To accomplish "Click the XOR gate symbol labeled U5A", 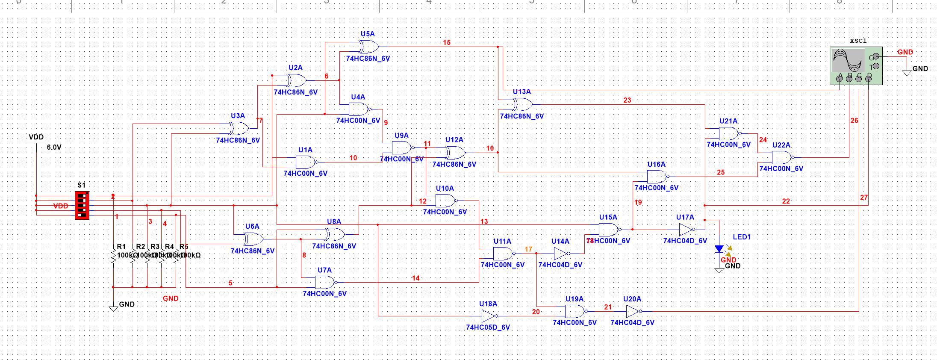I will pyautogui.click(x=368, y=46).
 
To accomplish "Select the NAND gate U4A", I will pyautogui.click(x=359, y=109).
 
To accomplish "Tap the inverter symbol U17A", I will pyautogui.click(x=686, y=230).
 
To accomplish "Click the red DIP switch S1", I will pyautogui.click(x=82, y=205).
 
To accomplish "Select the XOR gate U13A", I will pyautogui.click(x=522, y=104).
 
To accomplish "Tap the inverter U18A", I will pyautogui.click(x=489, y=316).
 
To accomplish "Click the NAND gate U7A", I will pyautogui.click(x=325, y=282).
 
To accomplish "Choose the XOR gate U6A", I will pyautogui.click(x=253, y=239).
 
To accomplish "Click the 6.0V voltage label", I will pyautogui.click(x=54, y=147).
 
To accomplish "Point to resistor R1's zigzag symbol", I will pyautogui.click(x=113, y=257).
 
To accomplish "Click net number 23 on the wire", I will pyautogui.click(x=627, y=100).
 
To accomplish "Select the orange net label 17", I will pyautogui.click(x=529, y=249).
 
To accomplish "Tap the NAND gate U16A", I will pyautogui.click(x=657, y=176).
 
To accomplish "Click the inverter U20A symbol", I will pyautogui.click(x=633, y=311).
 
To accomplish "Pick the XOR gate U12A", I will pyautogui.click(x=454, y=152).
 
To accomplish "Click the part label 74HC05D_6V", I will pyautogui.click(x=488, y=328).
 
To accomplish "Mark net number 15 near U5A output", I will pyautogui.click(x=447, y=42).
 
